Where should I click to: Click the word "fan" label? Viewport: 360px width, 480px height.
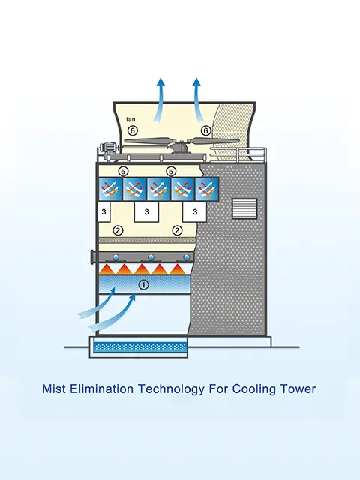pyautogui.click(x=130, y=119)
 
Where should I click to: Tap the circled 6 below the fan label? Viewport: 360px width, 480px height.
pyautogui.click(x=132, y=130)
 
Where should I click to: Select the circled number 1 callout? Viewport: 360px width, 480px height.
pyautogui.click(x=143, y=285)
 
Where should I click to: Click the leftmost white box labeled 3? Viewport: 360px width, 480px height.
pyautogui.click(x=103, y=211)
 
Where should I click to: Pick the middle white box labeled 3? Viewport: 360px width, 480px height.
pyautogui.click(x=147, y=211)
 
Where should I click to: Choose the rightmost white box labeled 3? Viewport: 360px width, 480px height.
pyautogui.click(x=195, y=211)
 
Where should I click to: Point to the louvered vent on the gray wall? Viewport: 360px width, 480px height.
pyautogui.click(x=244, y=208)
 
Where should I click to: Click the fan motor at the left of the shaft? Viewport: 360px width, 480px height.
pyautogui.click(x=108, y=147)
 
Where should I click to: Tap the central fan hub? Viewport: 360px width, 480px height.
pyautogui.click(x=181, y=146)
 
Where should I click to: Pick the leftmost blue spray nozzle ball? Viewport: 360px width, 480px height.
pyautogui.click(x=116, y=257)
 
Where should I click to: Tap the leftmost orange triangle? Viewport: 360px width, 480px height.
pyautogui.click(x=106, y=269)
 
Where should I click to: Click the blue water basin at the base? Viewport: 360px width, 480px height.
pyautogui.click(x=140, y=347)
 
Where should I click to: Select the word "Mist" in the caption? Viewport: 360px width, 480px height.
pyautogui.click(x=54, y=388)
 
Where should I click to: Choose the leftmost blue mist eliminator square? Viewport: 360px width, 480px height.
pyautogui.click(x=110, y=189)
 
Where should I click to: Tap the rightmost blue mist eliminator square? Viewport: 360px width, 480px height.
pyautogui.click(x=207, y=189)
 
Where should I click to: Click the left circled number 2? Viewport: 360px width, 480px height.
pyautogui.click(x=118, y=230)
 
